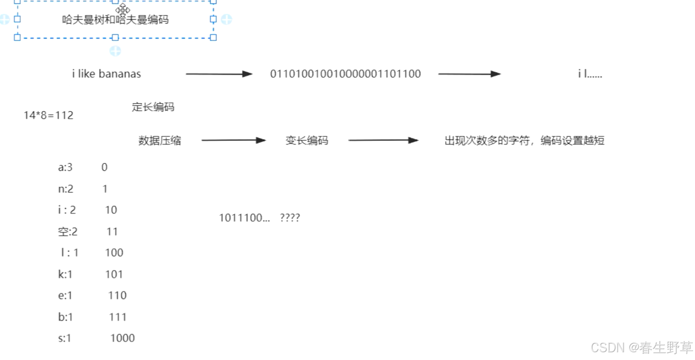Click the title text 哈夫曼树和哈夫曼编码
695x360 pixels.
(x=115, y=20)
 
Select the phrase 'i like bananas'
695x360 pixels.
(x=106, y=74)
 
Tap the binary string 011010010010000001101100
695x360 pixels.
(x=346, y=74)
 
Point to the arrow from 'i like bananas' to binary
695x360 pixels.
(x=219, y=74)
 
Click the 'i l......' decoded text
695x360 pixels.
(x=590, y=74)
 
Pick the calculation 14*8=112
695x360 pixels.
(x=49, y=115)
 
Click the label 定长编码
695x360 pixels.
(x=153, y=107)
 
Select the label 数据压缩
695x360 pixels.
(x=160, y=141)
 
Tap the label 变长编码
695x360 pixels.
(x=307, y=141)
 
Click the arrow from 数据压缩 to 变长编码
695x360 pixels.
(x=233, y=141)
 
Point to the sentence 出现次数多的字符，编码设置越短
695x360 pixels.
(x=524, y=141)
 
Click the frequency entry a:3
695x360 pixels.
(x=66, y=167)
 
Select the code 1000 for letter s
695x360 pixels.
(x=122, y=338)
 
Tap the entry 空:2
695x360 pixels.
(x=68, y=232)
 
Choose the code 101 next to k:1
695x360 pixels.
(x=114, y=274)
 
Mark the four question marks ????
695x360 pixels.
(x=290, y=218)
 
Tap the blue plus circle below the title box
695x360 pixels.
(x=115, y=51)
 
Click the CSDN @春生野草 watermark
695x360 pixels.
(x=642, y=347)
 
